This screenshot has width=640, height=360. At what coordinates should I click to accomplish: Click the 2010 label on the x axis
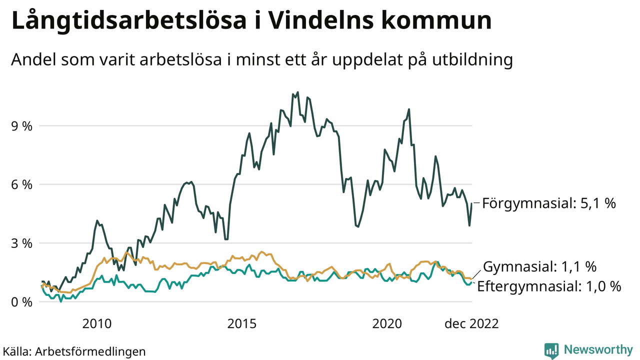pos(96,324)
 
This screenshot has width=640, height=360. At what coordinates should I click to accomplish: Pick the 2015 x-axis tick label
pos(243,324)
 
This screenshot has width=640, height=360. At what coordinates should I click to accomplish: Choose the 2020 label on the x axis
pos(388,324)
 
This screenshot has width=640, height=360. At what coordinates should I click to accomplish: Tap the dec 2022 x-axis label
pos(471,324)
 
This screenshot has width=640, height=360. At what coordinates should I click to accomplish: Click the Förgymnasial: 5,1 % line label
pos(549,203)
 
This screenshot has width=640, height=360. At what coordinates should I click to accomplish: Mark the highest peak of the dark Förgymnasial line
pos(298,92)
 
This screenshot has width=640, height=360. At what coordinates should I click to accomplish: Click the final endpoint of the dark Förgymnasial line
pos(471,203)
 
